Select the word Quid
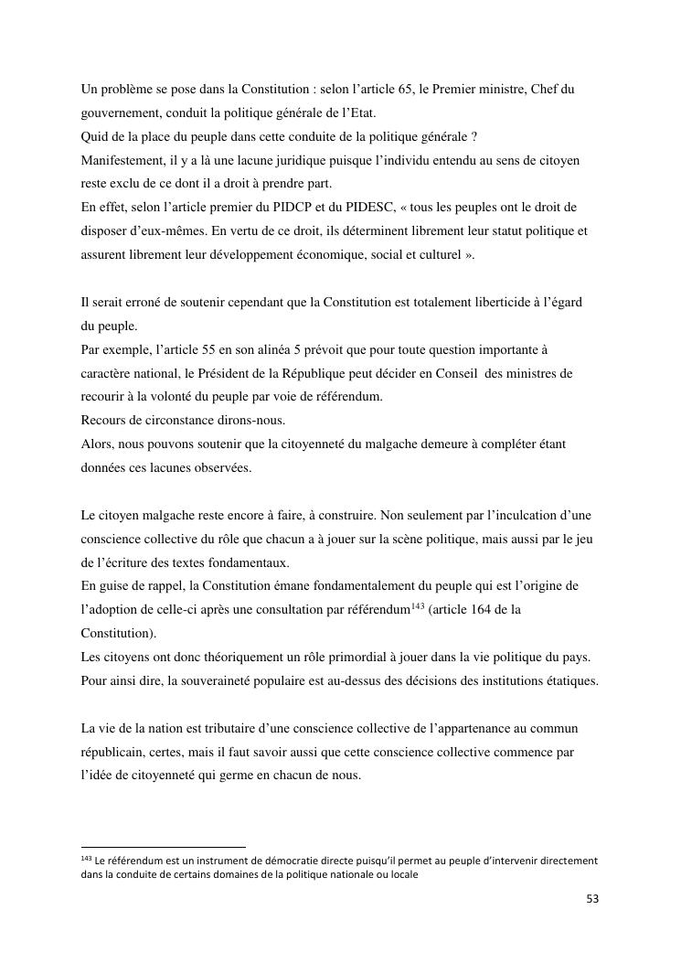tap(94, 136)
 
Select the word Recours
tap(104, 421)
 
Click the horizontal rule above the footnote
tap(163, 847)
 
